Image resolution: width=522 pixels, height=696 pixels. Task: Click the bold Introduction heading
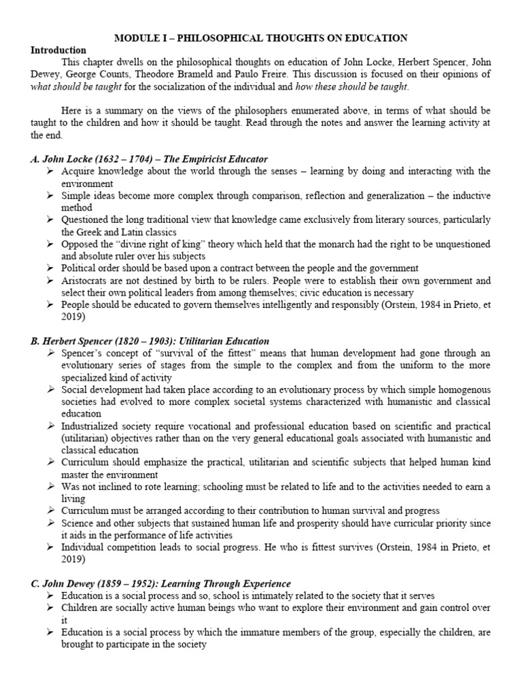(x=58, y=50)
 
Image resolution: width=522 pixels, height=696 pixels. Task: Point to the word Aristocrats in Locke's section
(x=84, y=280)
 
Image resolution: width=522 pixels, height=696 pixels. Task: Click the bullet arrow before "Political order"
(x=52, y=268)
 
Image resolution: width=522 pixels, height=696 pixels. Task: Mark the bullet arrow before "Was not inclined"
(x=52, y=487)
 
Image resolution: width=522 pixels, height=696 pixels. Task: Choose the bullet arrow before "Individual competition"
(x=52, y=547)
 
